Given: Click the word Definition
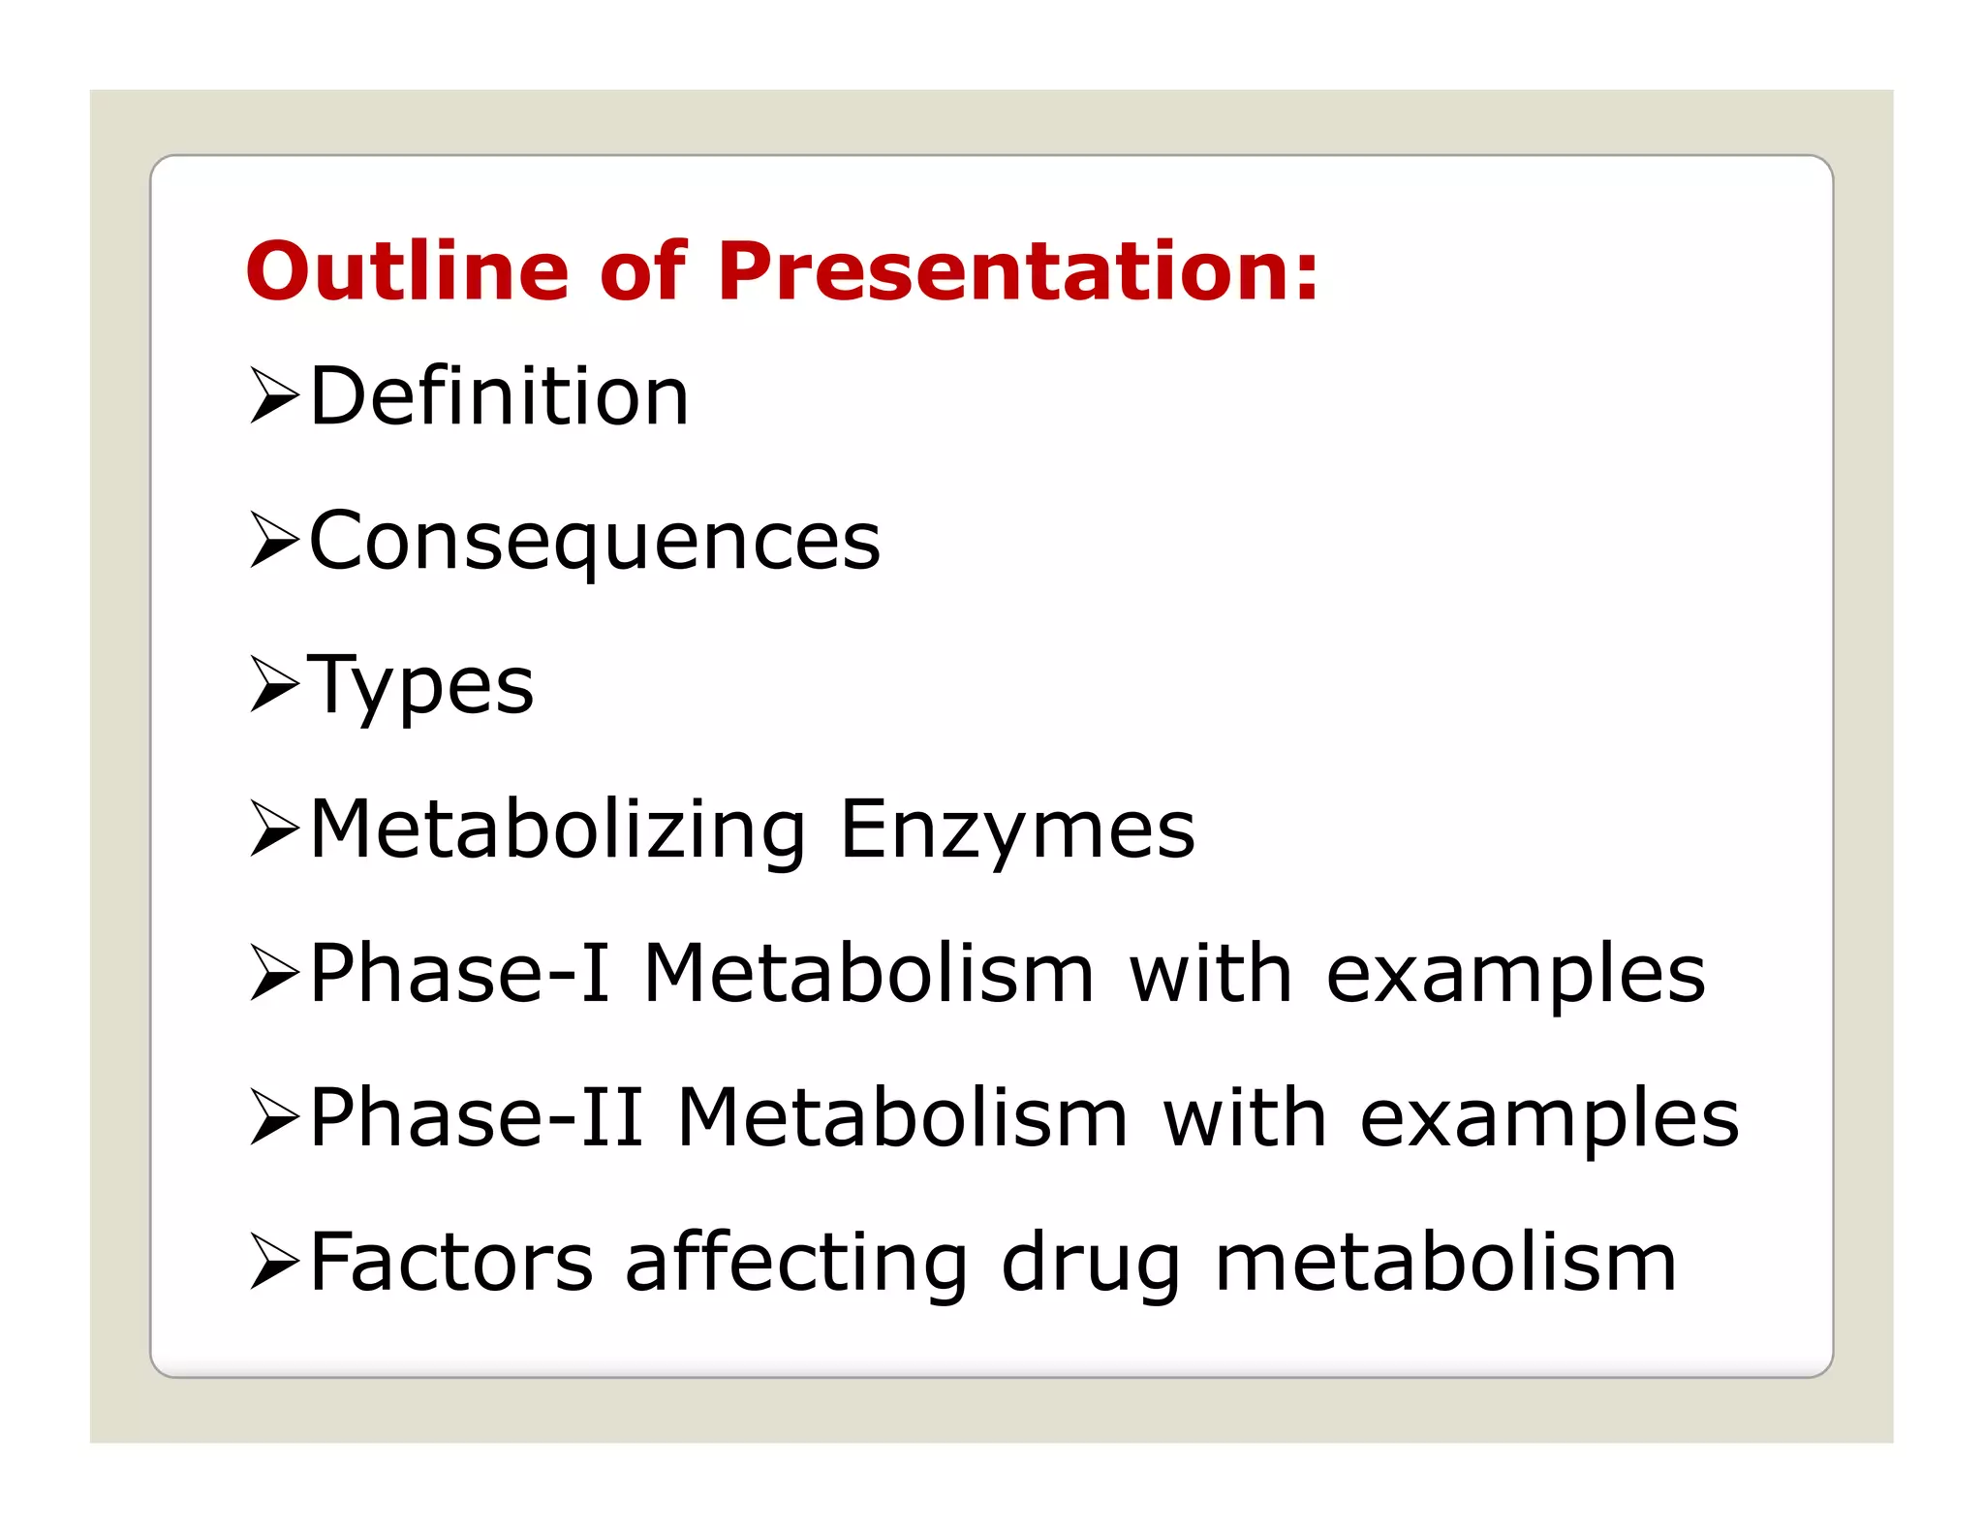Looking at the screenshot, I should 499,396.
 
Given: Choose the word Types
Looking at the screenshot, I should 420,686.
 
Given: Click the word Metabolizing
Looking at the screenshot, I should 557,829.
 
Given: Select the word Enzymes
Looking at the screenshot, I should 1017,829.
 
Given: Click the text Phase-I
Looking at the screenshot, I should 459,973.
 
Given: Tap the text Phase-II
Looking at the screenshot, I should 476,1117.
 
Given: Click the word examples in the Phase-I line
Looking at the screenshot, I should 1515,975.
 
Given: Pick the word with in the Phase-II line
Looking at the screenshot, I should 1244,1117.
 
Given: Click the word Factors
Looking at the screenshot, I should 451,1262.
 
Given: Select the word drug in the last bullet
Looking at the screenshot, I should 1091,1264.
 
